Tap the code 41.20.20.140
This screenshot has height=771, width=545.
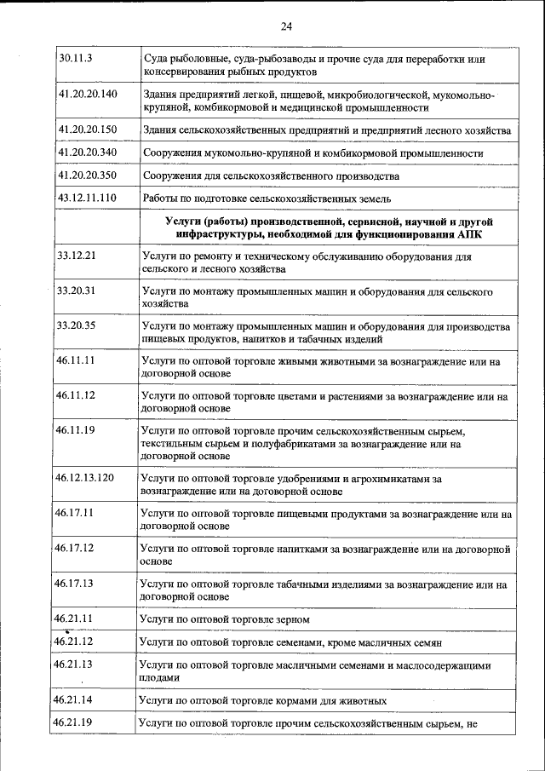coord(87,94)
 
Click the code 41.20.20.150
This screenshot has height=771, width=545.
coord(87,129)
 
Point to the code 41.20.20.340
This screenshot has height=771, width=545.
coord(87,152)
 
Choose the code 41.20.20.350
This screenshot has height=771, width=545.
coord(87,175)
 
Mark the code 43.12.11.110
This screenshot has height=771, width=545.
coord(87,199)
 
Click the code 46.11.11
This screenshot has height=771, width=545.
coord(75,360)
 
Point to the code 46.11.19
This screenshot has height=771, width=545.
coord(75,430)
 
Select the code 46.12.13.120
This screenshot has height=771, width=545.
coord(85,478)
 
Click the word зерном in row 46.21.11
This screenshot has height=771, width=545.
coord(291,619)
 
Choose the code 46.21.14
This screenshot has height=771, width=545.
coord(73,700)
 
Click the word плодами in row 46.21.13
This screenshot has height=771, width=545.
coord(160,678)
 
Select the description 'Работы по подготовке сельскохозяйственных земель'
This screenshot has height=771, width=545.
coord(267,199)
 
